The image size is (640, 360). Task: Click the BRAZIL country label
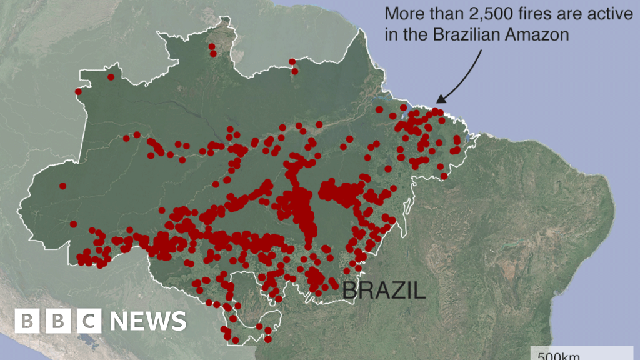click(384, 290)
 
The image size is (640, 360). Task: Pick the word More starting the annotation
click(404, 14)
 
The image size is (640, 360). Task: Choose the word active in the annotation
click(611, 14)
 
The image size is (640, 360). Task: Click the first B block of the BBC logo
click(27, 321)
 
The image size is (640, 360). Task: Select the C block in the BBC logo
click(89, 321)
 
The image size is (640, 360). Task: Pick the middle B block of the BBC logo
click(58, 321)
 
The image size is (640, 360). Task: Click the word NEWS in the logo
click(148, 321)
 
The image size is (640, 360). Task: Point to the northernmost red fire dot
click(212, 46)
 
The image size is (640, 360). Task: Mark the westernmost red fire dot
click(62, 186)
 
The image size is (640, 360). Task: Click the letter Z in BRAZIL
click(393, 290)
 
